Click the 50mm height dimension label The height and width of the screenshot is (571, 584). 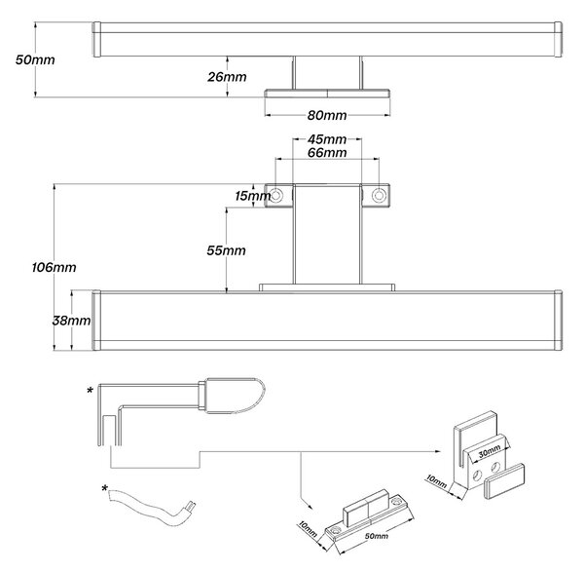[x=35, y=60]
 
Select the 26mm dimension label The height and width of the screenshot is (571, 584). [x=227, y=77]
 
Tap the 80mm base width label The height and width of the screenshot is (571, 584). [x=327, y=115]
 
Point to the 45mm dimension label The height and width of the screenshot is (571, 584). [x=327, y=139]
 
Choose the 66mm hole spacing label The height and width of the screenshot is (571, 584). [x=327, y=153]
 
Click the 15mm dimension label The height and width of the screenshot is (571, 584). [x=252, y=196]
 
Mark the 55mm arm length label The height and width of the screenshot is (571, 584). [x=227, y=250]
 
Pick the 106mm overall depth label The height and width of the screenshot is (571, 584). [x=54, y=267]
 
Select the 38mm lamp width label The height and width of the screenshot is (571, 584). [x=71, y=321]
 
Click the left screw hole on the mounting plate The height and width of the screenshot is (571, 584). [x=276, y=195]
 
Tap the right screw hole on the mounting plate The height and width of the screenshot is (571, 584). [x=379, y=195]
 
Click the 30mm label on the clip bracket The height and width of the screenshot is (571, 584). [x=490, y=452]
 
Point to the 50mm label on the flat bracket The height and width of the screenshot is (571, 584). [x=376, y=536]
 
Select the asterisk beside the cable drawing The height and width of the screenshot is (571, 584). [x=105, y=488]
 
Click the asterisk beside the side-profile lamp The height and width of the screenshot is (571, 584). [x=90, y=391]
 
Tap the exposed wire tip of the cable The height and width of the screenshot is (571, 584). [x=191, y=506]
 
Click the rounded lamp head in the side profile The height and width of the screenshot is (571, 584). [x=236, y=396]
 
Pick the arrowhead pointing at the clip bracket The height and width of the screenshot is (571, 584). [x=438, y=451]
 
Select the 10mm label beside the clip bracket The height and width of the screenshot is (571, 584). [x=436, y=481]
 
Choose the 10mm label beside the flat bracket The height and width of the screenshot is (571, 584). [x=308, y=529]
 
